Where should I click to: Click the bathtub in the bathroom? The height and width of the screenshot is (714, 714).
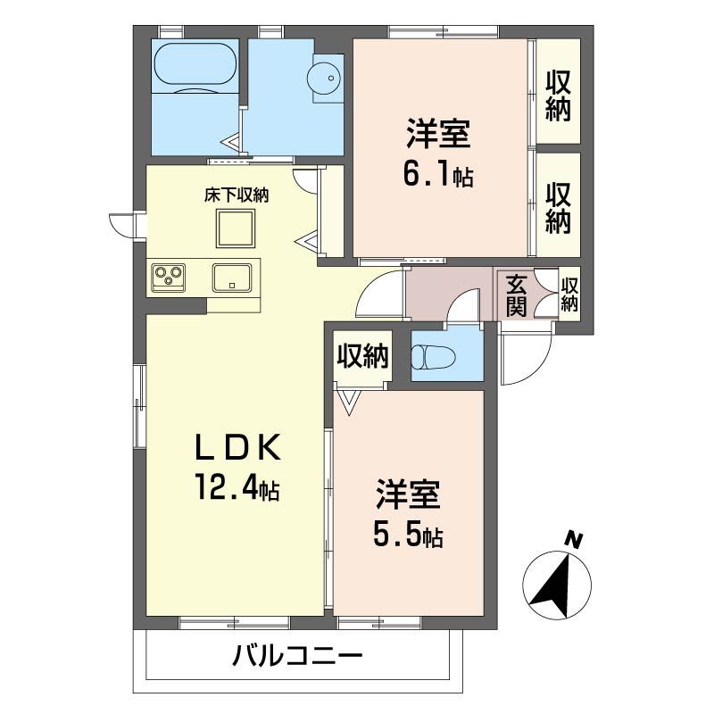pyautogui.click(x=195, y=63)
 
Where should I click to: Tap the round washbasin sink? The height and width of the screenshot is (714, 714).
pyautogui.click(x=324, y=78)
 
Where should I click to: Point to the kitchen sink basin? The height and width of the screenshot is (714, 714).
pyautogui.click(x=232, y=278)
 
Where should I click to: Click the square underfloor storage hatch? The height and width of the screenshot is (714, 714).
pyautogui.click(x=236, y=228)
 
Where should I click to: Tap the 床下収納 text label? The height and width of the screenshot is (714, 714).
pyautogui.click(x=237, y=195)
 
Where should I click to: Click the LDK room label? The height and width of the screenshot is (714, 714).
pyautogui.click(x=237, y=448)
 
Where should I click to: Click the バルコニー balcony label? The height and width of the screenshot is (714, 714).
pyautogui.click(x=297, y=656)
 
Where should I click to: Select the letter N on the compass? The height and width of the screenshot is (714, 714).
pyautogui.click(x=574, y=541)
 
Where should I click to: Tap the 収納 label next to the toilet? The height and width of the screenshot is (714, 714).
pyautogui.click(x=362, y=355)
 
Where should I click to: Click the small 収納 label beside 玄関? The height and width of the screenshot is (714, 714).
pyautogui.click(x=569, y=295)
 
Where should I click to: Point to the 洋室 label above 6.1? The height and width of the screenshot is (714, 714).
pyautogui.click(x=438, y=134)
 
